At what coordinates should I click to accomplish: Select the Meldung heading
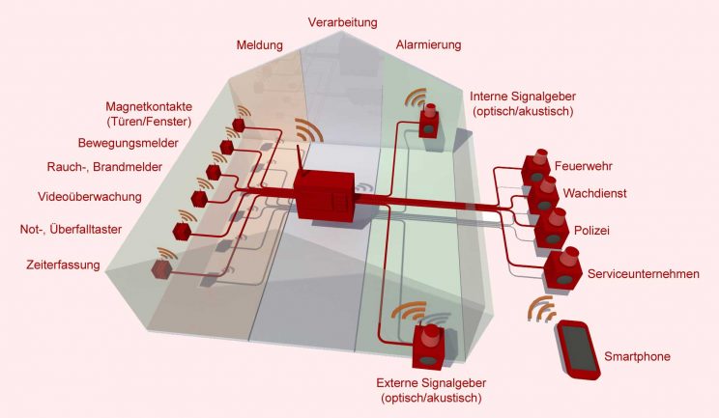(x=260, y=45)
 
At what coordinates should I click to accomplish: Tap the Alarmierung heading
(x=429, y=44)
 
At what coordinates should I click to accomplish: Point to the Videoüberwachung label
(x=90, y=197)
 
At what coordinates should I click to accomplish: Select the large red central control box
(x=326, y=196)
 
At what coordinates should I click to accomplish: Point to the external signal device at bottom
(x=427, y=346)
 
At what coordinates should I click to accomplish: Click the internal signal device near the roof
(x=430, y=120)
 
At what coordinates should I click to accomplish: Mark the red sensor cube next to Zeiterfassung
(x=160, y=269)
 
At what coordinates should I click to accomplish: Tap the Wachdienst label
(x=594, y=193)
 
